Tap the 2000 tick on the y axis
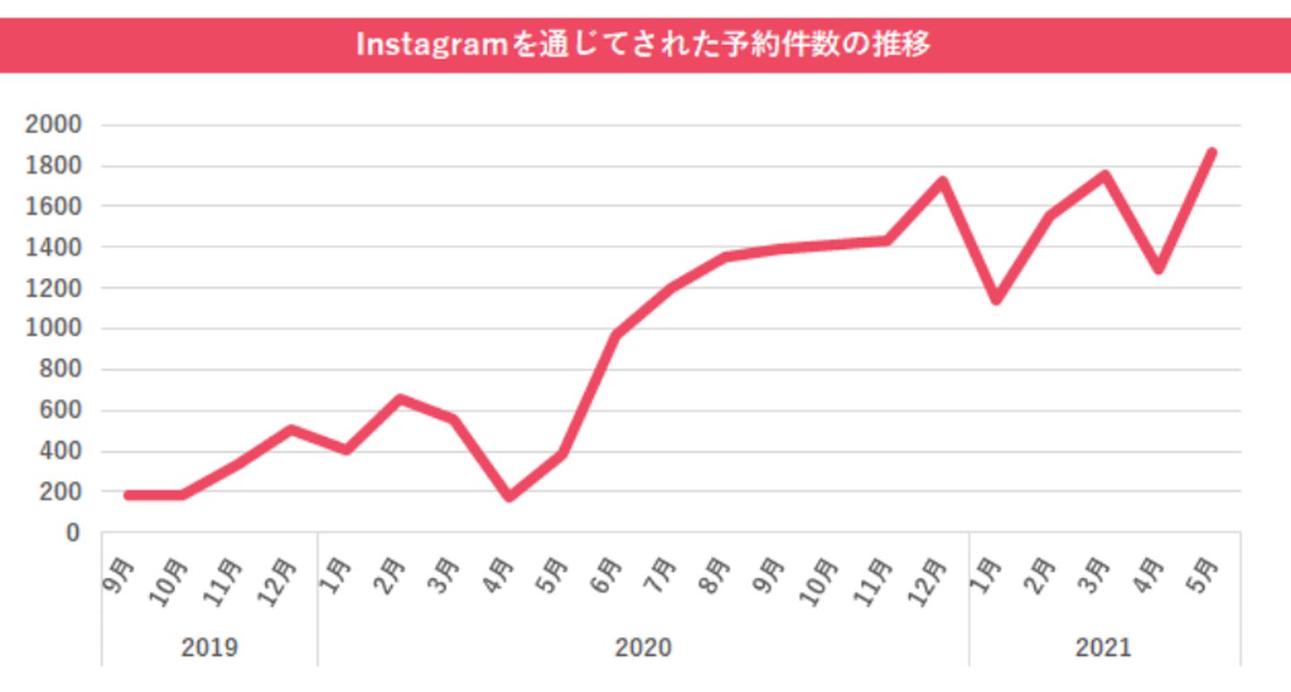(x=53, y=125)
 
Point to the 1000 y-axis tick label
(x=53, y=329)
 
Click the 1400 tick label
(x=53, y=247)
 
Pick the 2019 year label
(x=209, y=647)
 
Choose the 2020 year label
(x=643, y=647)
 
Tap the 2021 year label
(x=1104, y=647)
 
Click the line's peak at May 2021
(x=1212, y=153)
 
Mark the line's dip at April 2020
(x=509, y=496)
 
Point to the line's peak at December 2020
(x=941, y=182)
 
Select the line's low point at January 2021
(x=996, y=299)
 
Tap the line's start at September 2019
(x=129, y=495)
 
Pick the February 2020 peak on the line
(x=401, y=399)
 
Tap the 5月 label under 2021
(x=1204, y=574)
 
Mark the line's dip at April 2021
(x=1158, y=267)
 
